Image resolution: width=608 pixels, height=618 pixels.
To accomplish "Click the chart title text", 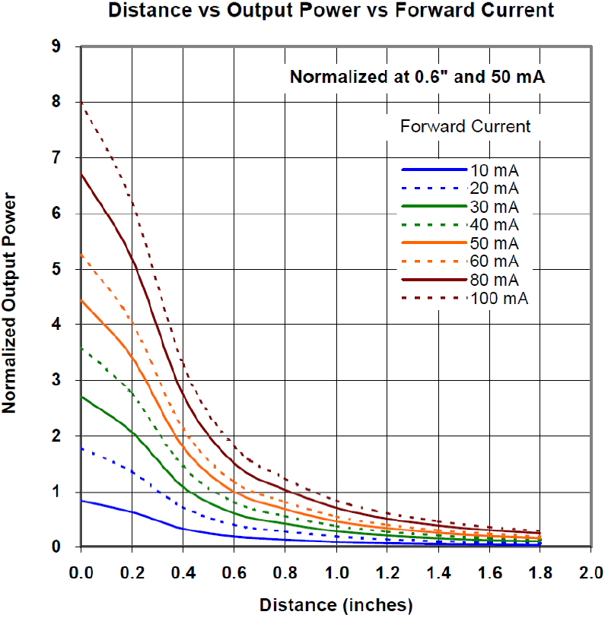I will tap(330, 11).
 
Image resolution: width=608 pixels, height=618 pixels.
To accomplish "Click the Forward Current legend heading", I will tap(465, 126).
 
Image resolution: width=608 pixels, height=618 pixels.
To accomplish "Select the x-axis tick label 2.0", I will tap(590, 572).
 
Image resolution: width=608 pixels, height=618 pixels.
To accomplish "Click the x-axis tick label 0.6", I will tap(234, 572).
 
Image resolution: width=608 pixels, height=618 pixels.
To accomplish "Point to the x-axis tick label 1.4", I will tap(437, 572).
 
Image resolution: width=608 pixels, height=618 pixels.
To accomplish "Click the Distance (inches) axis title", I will tap(336, 605).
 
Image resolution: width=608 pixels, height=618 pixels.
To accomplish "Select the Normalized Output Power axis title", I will tap(11, 303).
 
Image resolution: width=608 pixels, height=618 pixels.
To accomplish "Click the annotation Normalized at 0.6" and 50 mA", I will tap(418, 77).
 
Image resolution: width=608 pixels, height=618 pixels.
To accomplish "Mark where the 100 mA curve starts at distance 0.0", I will tap(81, 102).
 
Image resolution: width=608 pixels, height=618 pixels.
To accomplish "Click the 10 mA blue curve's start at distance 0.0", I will tap(81, 500).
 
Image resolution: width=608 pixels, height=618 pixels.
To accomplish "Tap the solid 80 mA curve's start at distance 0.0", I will tap(81, 173).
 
